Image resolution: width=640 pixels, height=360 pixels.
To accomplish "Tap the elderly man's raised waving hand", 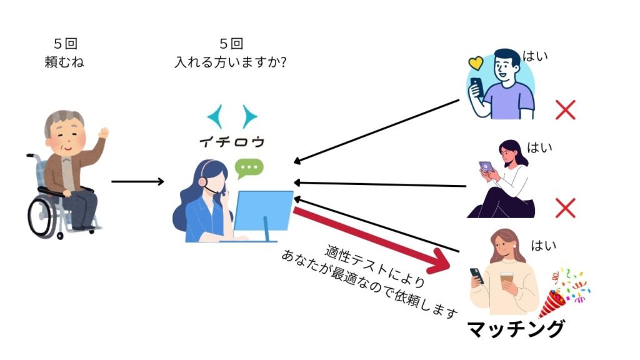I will [103, 133].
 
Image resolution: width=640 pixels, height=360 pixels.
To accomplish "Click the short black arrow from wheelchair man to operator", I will [137, 182].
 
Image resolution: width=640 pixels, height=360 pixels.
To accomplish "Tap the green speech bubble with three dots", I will [249, 168].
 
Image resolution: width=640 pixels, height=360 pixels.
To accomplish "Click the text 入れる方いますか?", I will [232, 62].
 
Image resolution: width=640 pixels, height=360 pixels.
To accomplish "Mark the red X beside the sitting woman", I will [565, 208].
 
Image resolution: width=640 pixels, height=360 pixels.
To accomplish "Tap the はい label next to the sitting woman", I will [539, 148].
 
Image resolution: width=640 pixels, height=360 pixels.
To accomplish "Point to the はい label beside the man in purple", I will [536, 56].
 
